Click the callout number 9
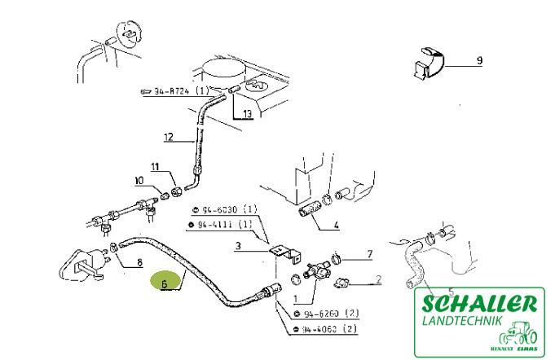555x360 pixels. pos(479,60)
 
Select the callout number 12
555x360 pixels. pos(169,137)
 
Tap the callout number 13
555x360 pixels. pos(248,115)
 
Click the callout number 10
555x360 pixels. pos(139,180)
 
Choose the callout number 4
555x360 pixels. pos(336,225)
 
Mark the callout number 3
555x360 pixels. pos(239,244)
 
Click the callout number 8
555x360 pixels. pos(139,262)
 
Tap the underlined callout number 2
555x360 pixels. pos(378,280)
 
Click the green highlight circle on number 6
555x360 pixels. pos(165,283)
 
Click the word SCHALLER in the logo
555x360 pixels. pos(479,304)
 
